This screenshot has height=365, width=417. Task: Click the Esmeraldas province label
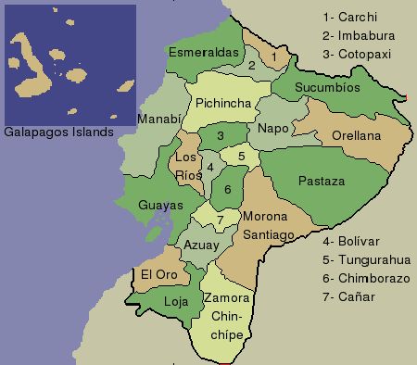point(204,53)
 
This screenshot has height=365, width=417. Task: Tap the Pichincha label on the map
point(222,105)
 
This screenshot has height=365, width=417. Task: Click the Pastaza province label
point(322,182)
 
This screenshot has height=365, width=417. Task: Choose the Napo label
point(274,129)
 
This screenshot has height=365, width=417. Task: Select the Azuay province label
point(201,245)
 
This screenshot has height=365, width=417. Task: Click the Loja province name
point(175,301)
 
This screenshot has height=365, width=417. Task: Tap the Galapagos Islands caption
point(58,132)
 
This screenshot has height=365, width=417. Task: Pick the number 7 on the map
point(220,220)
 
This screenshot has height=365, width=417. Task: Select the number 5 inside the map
point(241,157)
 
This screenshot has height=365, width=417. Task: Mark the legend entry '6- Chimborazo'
point(366,278)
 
